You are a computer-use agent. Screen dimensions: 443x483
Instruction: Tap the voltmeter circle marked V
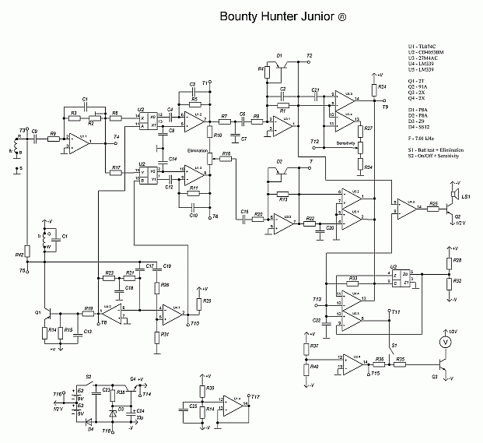[x=446, y=342]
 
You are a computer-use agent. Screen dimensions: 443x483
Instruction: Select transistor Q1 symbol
[x=48, y=314]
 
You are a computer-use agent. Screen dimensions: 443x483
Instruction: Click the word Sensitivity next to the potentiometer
[x=346, y=144]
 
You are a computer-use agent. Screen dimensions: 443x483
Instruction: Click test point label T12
[x=314, y=141]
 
